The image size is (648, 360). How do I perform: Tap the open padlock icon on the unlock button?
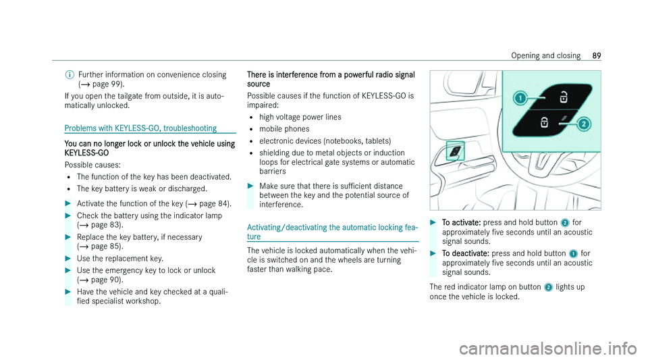562,99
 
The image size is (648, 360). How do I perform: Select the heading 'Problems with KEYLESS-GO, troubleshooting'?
140,128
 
